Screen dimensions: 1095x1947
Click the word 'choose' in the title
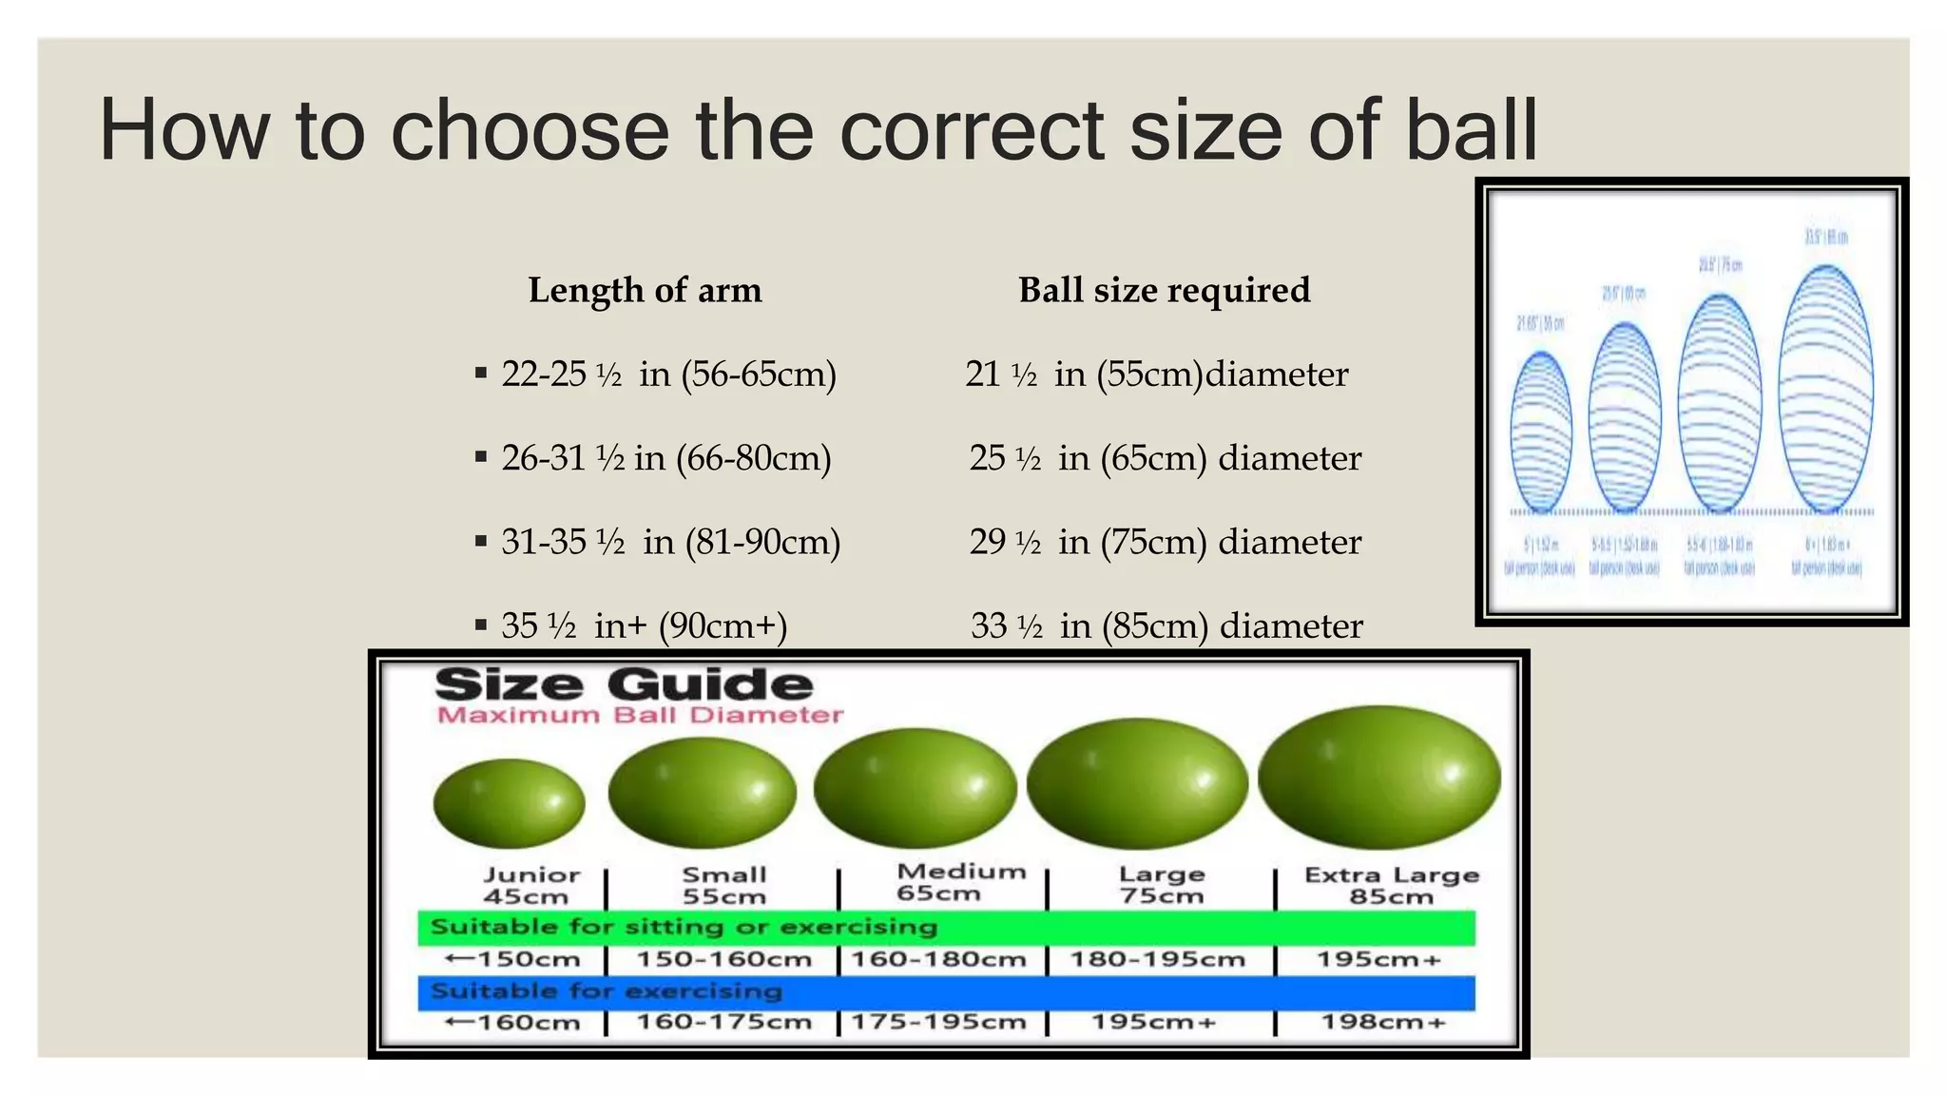(x=530, y=130)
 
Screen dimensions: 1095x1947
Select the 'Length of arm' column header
(x=645, y=290)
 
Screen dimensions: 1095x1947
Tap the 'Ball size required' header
(x=1164, y=290)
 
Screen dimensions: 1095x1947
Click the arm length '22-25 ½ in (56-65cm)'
(x=668, y=374)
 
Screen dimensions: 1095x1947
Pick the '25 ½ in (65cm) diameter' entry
(x=1165, y=458)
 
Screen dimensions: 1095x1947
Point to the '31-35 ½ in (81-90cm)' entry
(x=670, y=542)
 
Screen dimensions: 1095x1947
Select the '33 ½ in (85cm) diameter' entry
(x=1166, y=625)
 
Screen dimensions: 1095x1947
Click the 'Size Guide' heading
(x=624, y=684)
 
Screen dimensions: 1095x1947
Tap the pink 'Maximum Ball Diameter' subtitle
(x=640, y=715)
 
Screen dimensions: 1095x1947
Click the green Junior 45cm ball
(x=509, y=803)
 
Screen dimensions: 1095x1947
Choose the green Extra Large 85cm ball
(x=1378, y=778)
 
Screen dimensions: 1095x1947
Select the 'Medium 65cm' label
(x=960, y=882)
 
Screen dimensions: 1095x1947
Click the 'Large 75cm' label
(x=1161, y=884)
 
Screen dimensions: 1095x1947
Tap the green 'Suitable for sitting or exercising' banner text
(x=684, y=927)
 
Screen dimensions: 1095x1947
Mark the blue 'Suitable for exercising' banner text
(x=606, y=991)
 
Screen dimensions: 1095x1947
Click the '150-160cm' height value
(x=723, y=959)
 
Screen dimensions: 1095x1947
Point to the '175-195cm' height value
(x=938, y=1022)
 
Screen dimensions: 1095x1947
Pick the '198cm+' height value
(x=1382, y=1022)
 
